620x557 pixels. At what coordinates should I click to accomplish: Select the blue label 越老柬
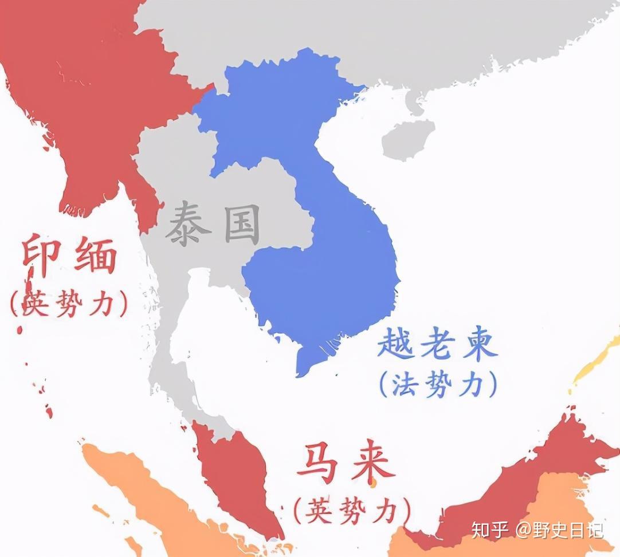pyautogui.click(x=437, y=344)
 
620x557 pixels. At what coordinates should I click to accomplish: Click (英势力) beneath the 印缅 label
pyautogui.click(x=69, y=304)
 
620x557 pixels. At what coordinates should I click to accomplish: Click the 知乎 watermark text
pyautogui.click(x=490, y=530)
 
